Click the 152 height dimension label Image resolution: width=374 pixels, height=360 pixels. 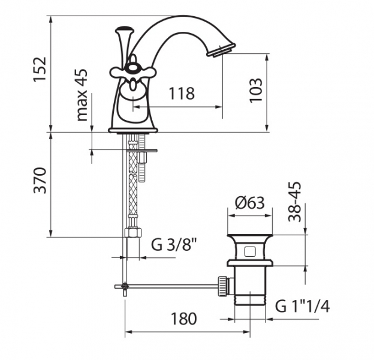coord(40,70)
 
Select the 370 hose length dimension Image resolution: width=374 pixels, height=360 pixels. coord(40,181)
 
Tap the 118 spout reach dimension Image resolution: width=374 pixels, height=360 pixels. coord(182,94)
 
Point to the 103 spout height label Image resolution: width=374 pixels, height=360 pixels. coord(256,90)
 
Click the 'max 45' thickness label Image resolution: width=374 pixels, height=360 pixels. coord(82,95)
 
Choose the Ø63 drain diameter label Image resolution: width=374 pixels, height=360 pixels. coord(250,203)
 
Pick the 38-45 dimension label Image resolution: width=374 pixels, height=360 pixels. coord(295,202)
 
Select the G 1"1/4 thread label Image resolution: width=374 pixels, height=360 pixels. coord(303,306)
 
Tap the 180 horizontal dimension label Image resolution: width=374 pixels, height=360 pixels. coord(184,319)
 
